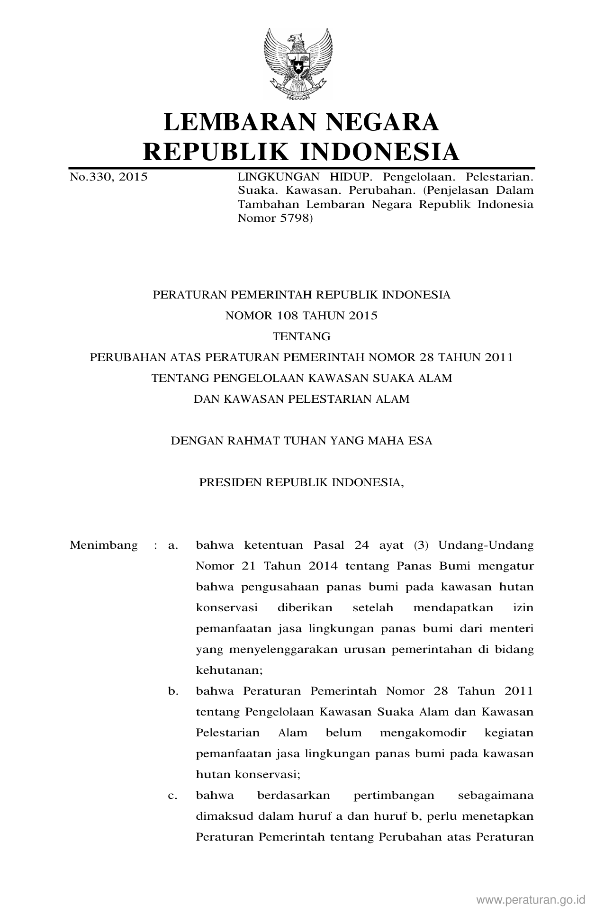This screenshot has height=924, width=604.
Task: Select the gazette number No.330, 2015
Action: [108, 177]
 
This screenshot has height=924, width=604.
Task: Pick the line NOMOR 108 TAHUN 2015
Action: [301, 316]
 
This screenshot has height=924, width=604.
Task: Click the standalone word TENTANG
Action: [301, 336]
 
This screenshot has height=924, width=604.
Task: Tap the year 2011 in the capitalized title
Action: [499, 357]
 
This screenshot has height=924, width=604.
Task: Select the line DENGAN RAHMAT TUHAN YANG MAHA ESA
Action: [301, 441]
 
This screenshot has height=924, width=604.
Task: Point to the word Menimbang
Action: [104, 545]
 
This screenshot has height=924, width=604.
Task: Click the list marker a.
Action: [173, 545]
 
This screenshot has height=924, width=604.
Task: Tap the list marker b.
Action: [173, 691]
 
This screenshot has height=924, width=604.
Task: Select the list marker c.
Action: [173, 795]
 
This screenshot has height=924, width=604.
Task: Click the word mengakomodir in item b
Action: [423, 733]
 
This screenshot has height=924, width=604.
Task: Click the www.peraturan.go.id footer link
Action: [531, 899]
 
